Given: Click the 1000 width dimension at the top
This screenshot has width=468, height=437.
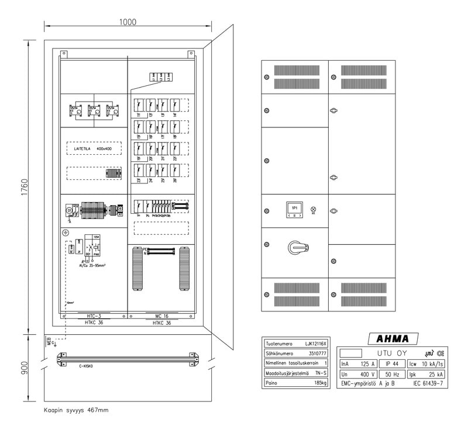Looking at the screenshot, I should (x=128, y=22).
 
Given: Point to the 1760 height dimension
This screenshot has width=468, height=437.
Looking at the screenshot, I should (x=24, y=187).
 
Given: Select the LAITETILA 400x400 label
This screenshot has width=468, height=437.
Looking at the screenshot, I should (x=94, y=150).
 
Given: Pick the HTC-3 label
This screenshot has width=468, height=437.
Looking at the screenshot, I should (x=94, y=315).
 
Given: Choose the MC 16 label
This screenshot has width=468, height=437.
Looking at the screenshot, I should (x=162, y=315).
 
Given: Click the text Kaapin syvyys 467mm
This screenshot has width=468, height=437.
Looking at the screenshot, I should (x=76, y=410).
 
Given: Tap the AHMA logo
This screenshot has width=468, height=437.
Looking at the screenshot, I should (x=393, y=339).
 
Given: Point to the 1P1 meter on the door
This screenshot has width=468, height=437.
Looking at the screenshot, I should (x=295, y=209).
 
